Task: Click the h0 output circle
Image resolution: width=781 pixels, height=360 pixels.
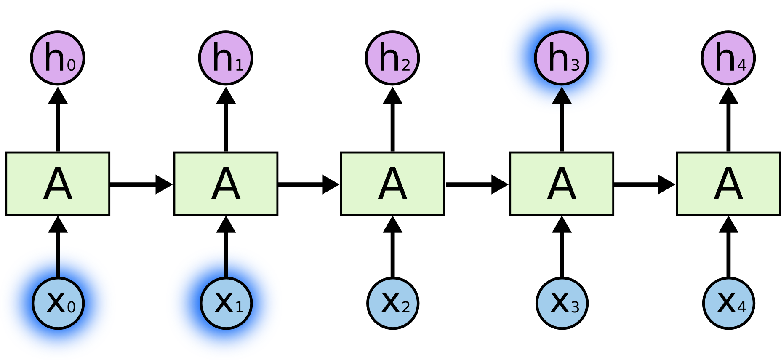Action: click(x=58, y=58)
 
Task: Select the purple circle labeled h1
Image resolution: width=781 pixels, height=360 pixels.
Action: click(x=226, y=58)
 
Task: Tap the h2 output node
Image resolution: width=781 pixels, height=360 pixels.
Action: click(x=392, y=58)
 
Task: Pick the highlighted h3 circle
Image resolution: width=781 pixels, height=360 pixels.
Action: click(x=562, y=58)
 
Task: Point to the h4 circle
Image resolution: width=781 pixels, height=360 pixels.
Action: click(x=728, y=58)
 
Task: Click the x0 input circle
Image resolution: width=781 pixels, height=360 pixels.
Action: click(x=58, y=303)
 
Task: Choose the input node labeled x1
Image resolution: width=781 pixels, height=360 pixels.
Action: click(x=226, y=303)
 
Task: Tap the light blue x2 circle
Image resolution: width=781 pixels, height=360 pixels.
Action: click(x=393, y=303)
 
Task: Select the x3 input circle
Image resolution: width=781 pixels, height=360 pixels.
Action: click(x=562, y=303)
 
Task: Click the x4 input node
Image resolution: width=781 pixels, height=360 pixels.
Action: click(x=729, y=303)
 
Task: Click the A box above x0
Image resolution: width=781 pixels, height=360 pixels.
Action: click(x=58, y=184)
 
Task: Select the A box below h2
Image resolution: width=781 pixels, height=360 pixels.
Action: click(x=392, y=184)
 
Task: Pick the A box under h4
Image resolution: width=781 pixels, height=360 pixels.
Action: click(x=728, y=184)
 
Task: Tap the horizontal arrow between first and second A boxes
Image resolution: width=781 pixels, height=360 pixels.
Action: click(x=141, y=184)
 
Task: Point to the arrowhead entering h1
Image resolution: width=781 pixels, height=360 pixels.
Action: click(x=226, y=96)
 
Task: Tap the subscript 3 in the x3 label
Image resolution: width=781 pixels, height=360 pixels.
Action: click(x=575, y=307)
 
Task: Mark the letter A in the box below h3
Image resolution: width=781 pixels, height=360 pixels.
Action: click(x=562, y=184)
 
